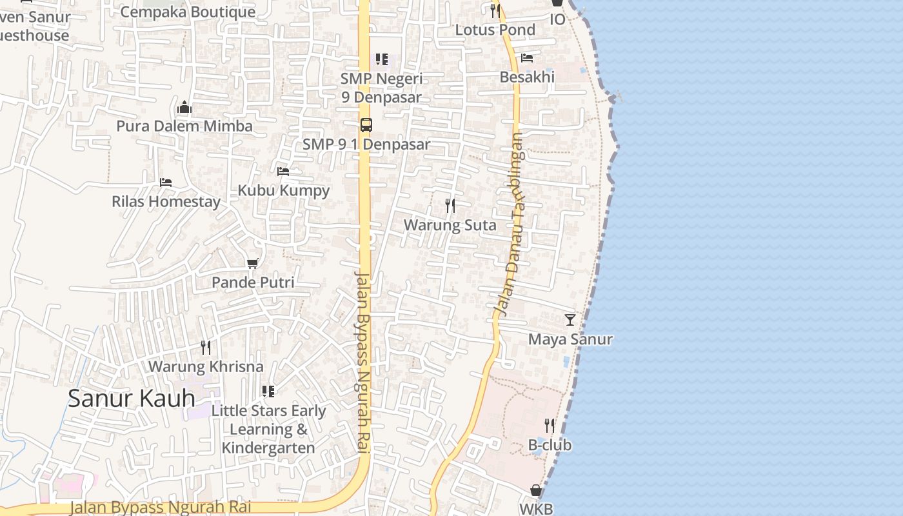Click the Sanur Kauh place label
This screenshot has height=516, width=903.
click(x=132, y=398)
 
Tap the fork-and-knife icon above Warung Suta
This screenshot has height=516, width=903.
click(x=450, y=206)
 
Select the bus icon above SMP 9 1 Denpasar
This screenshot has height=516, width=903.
click(x=366, y=125)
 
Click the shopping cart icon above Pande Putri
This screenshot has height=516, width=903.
click(x=253, y=263)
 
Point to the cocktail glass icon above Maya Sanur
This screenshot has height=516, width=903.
click(x=570, y=319)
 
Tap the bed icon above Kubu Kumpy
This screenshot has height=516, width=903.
click(x=283, y=172)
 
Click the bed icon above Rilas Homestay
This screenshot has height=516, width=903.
click(x=166, y=183)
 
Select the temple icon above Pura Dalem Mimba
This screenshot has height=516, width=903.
click(x=184, y=107)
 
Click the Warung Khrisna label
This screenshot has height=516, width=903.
click(x=206, y=366)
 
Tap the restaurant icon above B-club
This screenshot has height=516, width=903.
click(x=550, y=426)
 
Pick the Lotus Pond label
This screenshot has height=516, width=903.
click(x=495, y=30)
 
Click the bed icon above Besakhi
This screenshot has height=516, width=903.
click(x=527, y=58)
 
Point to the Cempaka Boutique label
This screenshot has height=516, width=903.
click(x=188, y=12)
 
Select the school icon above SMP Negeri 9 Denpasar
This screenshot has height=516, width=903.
click(x=382, y=59)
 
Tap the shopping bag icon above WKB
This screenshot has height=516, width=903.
click(x=536, y=491)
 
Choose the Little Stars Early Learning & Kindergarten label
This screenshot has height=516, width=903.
click(x=268, y=429)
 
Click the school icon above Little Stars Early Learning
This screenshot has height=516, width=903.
click(x=268, y=392)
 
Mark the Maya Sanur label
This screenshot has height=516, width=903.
click(x=570, y=339)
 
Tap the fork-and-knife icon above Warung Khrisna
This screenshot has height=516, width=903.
click(x=206, y=348)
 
